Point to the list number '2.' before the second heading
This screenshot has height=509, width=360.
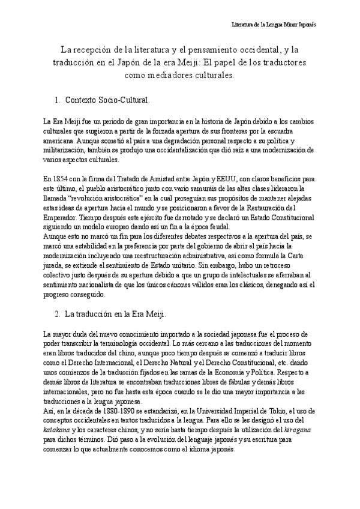click(57, 314)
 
